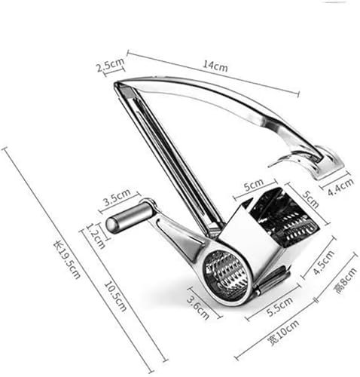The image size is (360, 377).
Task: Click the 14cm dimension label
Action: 215,66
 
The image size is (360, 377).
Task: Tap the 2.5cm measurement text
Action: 111,65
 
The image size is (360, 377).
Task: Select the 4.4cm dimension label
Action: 341,187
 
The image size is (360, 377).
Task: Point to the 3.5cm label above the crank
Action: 117,197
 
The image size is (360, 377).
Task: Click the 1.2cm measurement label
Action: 96,236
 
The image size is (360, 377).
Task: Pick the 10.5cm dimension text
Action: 115,296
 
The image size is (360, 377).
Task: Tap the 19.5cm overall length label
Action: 67,259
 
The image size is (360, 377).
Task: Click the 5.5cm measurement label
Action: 279,306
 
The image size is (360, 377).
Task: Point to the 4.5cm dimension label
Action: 324,262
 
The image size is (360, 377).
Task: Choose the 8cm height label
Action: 345,280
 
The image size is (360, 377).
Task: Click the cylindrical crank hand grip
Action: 128,216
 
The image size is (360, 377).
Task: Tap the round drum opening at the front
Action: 227,276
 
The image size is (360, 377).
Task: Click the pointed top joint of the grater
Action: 117,84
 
